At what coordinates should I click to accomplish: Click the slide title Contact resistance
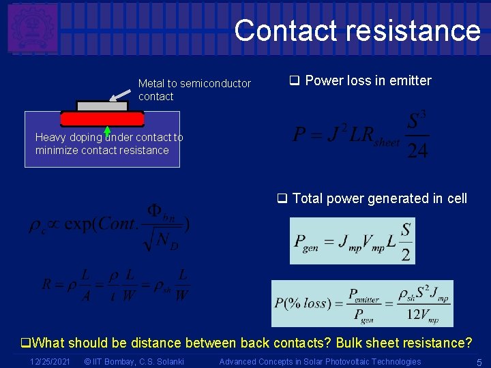coord(357,31)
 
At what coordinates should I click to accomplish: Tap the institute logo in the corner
coord(32,28)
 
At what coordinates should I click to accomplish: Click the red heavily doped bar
coord(102,119)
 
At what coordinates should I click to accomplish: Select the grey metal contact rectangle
coord(102,106)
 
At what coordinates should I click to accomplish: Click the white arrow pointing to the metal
coord(121,89)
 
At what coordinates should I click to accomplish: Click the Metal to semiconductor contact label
coord(194,90)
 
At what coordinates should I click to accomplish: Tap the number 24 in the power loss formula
coord(417,151)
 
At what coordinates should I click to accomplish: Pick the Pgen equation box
coord(352,241)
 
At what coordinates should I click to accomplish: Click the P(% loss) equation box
coord(361,303)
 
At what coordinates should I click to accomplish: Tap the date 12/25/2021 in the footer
coord(50,361)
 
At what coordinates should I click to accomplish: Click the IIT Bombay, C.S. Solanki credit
coord(133,361)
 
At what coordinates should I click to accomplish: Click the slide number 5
coord(479,361)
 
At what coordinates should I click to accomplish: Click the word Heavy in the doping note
coord(51,137)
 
